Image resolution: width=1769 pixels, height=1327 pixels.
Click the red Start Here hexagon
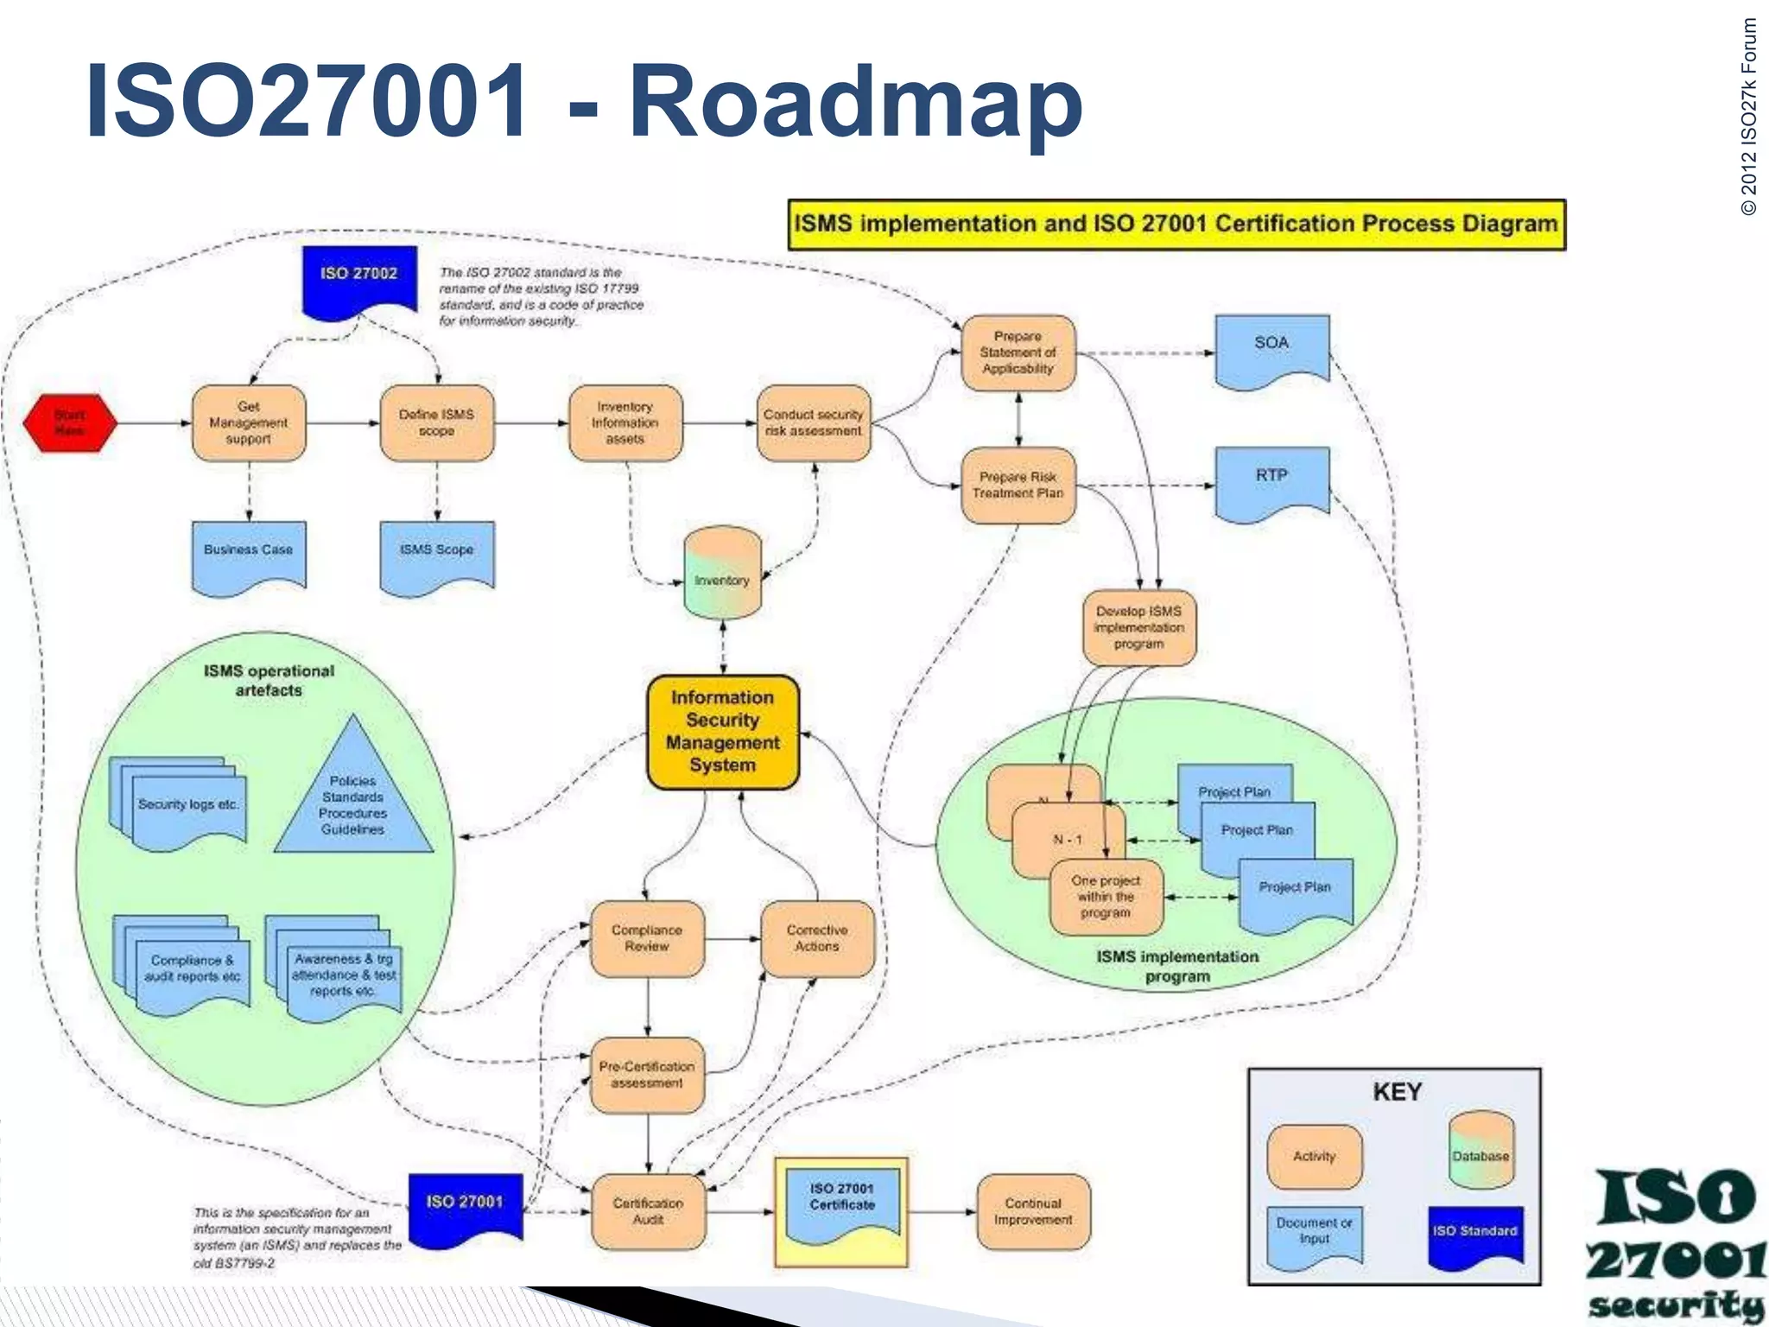(70, 422)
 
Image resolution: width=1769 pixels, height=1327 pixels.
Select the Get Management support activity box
(249, 422)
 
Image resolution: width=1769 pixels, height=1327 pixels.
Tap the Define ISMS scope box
(437, 422)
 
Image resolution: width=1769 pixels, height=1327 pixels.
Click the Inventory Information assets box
(625, 422)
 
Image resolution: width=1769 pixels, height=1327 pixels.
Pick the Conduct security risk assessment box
(814, 422)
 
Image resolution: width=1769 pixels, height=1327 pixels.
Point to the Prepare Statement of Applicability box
(1018, 352)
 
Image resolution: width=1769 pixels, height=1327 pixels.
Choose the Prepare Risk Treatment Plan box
(1018, 485)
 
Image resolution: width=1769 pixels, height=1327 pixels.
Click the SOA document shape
(1271, 348)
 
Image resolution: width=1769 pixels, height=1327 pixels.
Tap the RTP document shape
(1271, 480)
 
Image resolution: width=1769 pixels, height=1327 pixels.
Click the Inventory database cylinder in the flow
(723, 575)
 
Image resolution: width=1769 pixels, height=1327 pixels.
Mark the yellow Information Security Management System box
(723, 732)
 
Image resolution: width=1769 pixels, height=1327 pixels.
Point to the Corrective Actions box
(817, 938)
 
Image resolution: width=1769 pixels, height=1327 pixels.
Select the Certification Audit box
(648, 1211)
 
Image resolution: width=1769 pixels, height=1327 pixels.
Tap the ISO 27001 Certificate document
(842, 1205)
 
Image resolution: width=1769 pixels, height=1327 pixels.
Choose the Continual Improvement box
(1033, 1211)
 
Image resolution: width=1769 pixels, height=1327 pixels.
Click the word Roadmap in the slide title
(855, 101)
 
